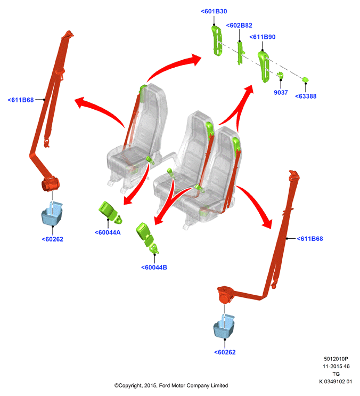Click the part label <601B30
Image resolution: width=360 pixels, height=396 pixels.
[x=214, y=11]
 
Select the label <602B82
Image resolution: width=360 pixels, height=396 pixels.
[x=239, y=26]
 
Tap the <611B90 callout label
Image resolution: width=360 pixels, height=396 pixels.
[x=263, y=37]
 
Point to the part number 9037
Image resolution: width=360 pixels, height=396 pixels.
[x=281, y=93]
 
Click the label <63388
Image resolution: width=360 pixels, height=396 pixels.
[x=306, y=96]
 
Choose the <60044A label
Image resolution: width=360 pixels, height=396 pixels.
[x=108, y=232]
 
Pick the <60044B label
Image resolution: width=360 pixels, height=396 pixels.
[x=154, y=268]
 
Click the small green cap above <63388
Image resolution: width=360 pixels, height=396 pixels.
[x=306, y=79]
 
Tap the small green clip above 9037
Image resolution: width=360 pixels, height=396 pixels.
[x=280, y=75]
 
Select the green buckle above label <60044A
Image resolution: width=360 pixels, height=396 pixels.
[x=110, y=212]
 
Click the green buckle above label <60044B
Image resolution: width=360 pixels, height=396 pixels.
[x=147, y=237]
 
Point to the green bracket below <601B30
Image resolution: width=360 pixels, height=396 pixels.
[x=217, y=41]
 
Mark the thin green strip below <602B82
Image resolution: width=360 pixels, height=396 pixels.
[x=240, y=53]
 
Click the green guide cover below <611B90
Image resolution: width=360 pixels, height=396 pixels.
[x=264, y=67]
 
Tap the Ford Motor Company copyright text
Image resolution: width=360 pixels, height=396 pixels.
[x=171, y=386]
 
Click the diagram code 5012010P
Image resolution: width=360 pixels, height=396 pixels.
[x=336, y=359]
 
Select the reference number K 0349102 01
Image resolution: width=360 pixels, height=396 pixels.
[x=336, y=382]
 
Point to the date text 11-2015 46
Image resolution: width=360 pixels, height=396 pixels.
[x=336, y=367]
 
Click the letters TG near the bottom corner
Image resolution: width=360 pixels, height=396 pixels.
[x=336, y=374]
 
